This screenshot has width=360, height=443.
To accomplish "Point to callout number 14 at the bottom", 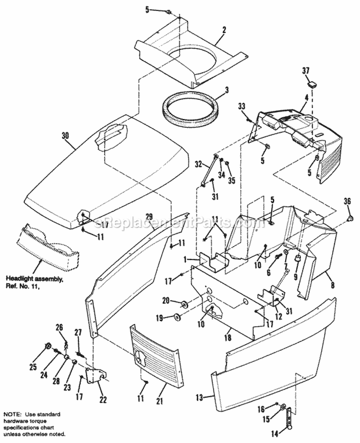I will (275, 433).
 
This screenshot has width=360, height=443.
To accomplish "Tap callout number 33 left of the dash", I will (241, 106).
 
